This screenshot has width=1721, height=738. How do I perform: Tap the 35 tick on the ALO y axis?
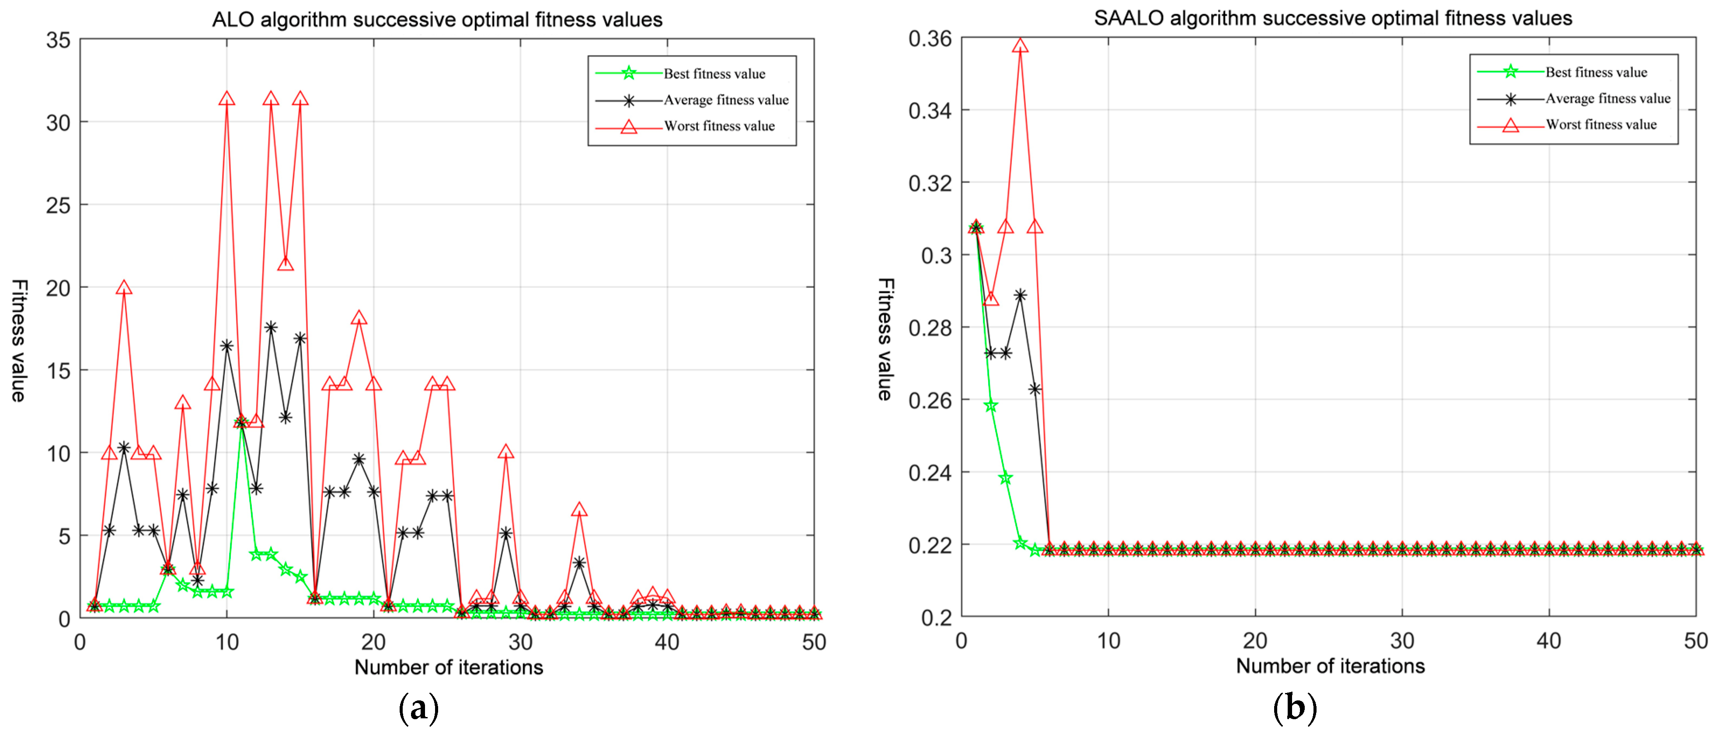tap(58, 40)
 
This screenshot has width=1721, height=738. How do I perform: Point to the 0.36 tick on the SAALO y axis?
tap(929, 39)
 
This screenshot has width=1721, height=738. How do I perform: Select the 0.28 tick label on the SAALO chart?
tap(929, 328)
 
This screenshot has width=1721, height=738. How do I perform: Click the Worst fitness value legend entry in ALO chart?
tap(718, 126)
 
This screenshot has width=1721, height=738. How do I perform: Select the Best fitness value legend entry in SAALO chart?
tap(1596, 72)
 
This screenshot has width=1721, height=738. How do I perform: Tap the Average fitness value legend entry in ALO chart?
tap(725, 100)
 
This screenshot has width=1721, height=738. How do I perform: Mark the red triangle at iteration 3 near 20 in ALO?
tap(124, 288)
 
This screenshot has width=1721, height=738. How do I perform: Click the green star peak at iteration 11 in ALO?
tap(241, 422)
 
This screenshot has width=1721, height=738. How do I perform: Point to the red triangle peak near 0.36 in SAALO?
tap(1020, 46)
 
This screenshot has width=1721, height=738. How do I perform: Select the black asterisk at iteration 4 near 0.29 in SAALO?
tap(1020, 295)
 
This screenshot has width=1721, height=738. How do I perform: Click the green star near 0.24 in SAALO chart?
tap(1005, 478)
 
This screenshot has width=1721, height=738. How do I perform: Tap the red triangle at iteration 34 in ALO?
tap(578, 510)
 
